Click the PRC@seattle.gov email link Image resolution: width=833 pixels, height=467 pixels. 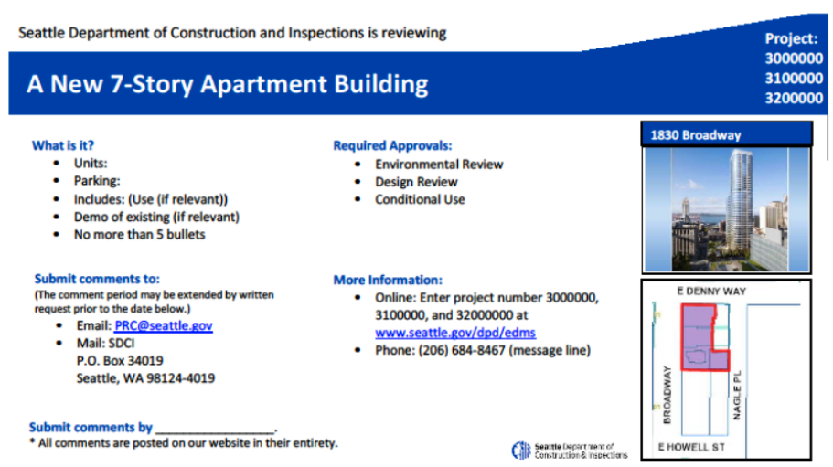(164, 325)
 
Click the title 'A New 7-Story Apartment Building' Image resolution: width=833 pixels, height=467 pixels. (227, 85)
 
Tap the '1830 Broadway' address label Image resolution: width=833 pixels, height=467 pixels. (695, 135)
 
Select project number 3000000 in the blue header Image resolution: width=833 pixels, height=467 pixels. (793, 58)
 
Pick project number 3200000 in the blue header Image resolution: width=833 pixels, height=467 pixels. (793, 97)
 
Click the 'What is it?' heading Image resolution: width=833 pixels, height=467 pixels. (63, 145)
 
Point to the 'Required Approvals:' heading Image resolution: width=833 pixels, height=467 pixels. (392, 145)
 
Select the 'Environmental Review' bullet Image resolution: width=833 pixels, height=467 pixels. (439, 165)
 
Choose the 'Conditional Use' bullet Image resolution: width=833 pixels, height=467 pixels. (420, 199)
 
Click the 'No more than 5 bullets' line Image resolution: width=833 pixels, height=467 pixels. (140, 234)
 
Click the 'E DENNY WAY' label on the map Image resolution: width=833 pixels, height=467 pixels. (711, 291)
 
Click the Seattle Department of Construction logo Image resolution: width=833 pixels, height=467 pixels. (522, 450)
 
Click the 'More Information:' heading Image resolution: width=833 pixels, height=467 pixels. (387, 280)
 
